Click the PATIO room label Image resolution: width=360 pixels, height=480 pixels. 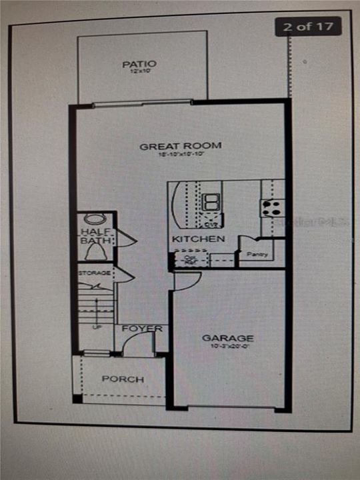point(139,64)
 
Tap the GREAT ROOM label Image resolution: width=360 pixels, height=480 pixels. point(180,146)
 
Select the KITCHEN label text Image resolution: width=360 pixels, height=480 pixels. point(198,239)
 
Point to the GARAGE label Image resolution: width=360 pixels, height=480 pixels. point(228,338)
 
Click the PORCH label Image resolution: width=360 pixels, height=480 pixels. point(123,379)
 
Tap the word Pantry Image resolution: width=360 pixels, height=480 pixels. point(257,255)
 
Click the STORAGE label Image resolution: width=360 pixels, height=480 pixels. point(93,273)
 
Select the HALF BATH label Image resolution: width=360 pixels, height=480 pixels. point(96,236)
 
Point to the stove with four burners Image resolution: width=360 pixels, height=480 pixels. point(272,207)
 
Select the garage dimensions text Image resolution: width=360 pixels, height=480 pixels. point(228,347)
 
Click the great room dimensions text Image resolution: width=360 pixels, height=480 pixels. point(180,155)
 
